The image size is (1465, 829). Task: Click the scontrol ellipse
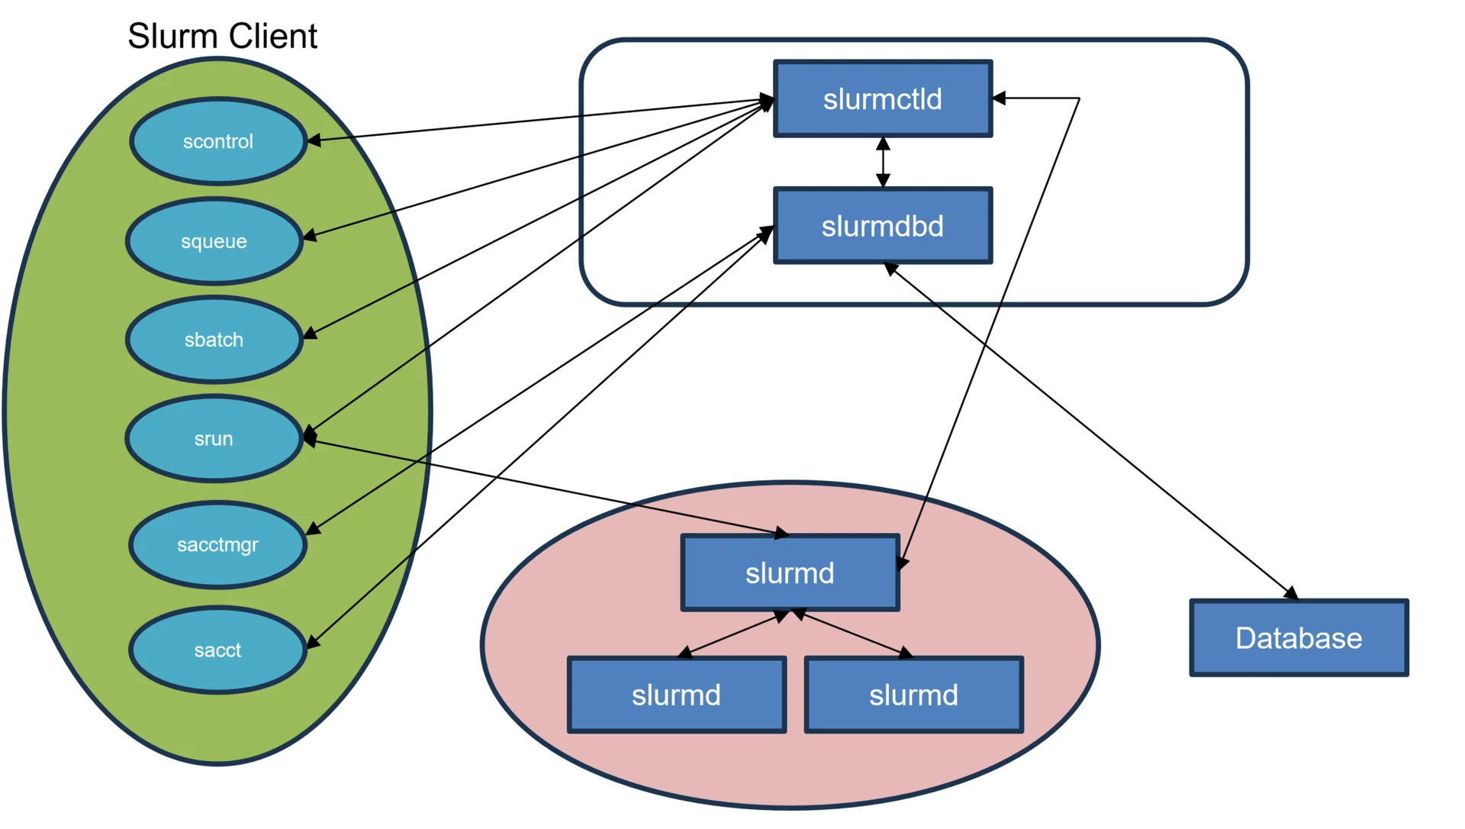click(218, 141)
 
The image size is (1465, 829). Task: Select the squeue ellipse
click(214, 241)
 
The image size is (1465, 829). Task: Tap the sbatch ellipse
click(214, 340)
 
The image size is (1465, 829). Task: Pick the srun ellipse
click(214, 439)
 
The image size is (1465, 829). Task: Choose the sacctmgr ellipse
click(217, 544)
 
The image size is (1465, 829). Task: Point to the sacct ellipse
click(217, 650)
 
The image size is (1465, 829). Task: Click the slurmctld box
click(883, 99)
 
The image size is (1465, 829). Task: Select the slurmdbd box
click(883, 226)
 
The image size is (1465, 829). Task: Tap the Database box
click(1299, 638)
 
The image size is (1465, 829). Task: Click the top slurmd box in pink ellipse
click(790, 573)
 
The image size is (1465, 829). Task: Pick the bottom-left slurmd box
click(676, 695)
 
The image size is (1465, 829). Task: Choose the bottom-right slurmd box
click(913, 695)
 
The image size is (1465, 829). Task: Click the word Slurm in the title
click(162, 36)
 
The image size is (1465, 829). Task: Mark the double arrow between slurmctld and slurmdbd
click(883, 162)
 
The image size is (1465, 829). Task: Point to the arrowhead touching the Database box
click(1290, 593)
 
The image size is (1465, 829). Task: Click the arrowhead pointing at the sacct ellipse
click(313, 643)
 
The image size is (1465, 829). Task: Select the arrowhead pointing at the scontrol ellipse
click(314, 140)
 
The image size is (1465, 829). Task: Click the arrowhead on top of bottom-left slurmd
click(684, 653)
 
